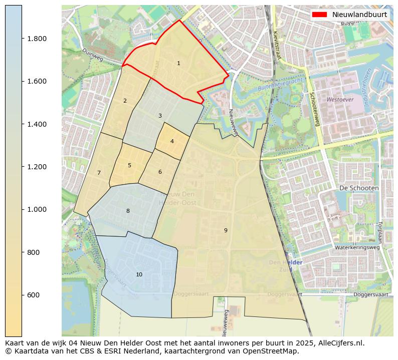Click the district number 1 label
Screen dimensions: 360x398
click(x=178, y=64)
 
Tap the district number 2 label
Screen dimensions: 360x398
click(x=125, y=101)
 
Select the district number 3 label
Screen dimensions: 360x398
click(x=160, y=116)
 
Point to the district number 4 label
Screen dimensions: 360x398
click(x=172, y=141)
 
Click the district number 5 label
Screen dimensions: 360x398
click(x=129, y=165)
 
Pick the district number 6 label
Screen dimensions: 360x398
click(x=160, y=172)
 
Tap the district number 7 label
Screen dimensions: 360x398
click(x=99, y=173)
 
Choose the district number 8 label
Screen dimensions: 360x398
click(x=128, y=211)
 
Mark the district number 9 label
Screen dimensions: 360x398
click(x=226, y=230)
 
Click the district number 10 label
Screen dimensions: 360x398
click(x=139, y=275)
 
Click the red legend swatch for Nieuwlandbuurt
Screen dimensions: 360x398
click(x=320, y=15)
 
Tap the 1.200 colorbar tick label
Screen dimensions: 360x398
click(x=37, y=167)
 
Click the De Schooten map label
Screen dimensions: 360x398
click(x=359, y=187)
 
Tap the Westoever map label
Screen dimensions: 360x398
click(x=340, y=100)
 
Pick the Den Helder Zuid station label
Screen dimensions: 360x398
click(x=285, y=266)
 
